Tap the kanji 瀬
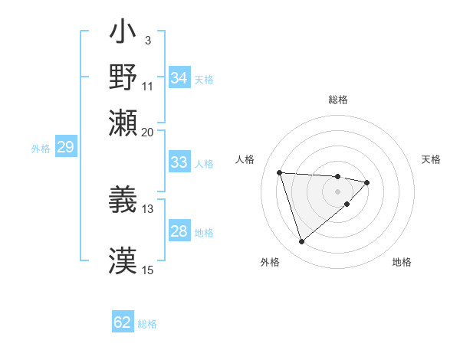coord(123,123)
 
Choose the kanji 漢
coord(123,261)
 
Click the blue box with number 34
coord(179,78)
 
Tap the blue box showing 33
coord(179,162)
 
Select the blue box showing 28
coord(179,232)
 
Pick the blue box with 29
coord(65,148)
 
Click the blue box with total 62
coord(123,322)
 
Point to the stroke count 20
coord(148,132)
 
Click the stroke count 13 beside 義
coord(148,208)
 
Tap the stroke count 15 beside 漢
coord(148,270)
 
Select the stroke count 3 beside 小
coord(148,40)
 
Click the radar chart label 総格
coord(338,100)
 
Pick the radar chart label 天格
coord(432,159)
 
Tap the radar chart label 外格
coord(270,262)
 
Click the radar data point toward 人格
coord(280,172)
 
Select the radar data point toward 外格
coord(301,241)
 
